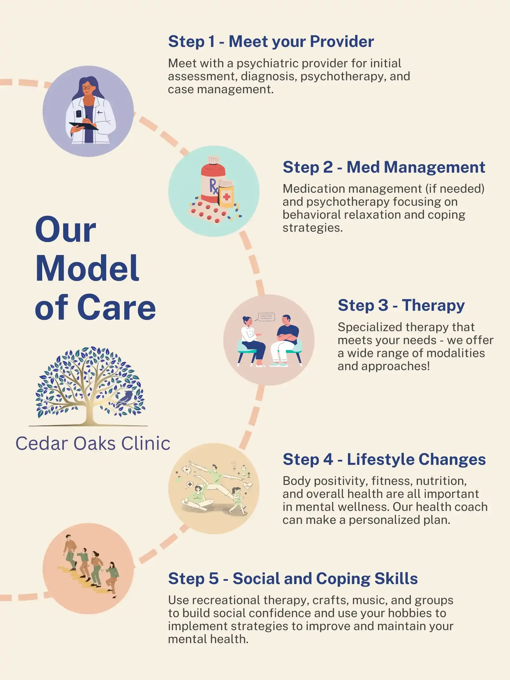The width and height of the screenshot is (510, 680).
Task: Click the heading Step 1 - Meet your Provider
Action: (x=271, y=42)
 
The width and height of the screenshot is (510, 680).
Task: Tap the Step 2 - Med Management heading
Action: (x=384, y=167)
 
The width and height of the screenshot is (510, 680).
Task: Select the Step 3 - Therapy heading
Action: (x=401, y=305)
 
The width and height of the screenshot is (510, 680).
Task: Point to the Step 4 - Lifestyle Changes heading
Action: (x=384, y=459)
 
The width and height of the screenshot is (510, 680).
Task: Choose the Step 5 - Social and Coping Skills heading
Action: (x=293, y=578)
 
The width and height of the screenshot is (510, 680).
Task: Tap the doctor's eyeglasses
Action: (x=86, y=88)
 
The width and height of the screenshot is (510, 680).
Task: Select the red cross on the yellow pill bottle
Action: (x=227, y=197)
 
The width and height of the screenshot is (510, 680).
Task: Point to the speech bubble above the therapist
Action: (x=266, y=317)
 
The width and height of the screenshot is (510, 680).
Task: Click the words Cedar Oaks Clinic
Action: (x=93, y=443)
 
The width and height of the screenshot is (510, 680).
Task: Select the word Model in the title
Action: (x=87, y=268)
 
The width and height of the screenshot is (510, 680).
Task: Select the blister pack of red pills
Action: (x=209, y=213)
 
